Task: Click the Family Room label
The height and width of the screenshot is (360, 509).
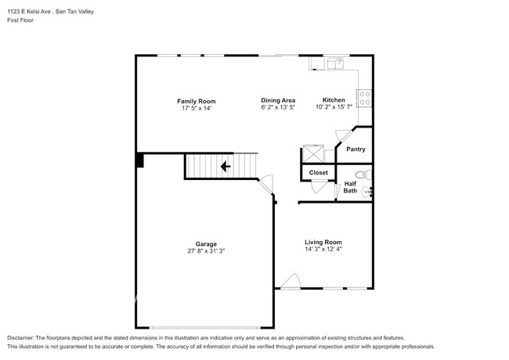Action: pos(196,101)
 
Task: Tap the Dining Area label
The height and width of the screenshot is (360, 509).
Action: pos(278,100)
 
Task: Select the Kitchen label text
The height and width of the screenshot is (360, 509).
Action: pos(334,100)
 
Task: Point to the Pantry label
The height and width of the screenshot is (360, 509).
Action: pos(356,149)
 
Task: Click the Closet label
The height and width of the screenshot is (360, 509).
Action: pos(319,172)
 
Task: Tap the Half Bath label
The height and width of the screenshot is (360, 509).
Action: pos(350,187)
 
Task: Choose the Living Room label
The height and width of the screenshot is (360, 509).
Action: pos(323,242)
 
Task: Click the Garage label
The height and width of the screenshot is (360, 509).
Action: pos(206,244)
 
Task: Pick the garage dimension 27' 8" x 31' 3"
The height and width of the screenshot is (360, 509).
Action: pos(206,250)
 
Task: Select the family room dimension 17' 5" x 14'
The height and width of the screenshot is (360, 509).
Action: pos(197,108)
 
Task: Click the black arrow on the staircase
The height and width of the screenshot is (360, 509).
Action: pos(226,167)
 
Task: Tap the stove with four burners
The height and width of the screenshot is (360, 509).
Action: pos(365,99)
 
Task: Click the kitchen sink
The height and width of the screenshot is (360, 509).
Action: pos(335,63)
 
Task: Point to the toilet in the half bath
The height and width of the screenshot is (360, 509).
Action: pos(364,175)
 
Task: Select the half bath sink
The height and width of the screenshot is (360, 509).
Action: pos(367,192)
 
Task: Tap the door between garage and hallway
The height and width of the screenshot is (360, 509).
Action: pos(266,185)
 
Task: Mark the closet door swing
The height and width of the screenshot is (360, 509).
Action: pos(319,187)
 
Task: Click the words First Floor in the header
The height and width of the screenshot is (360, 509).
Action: pos(20,20)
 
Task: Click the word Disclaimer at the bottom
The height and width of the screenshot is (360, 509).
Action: pos(20,338)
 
